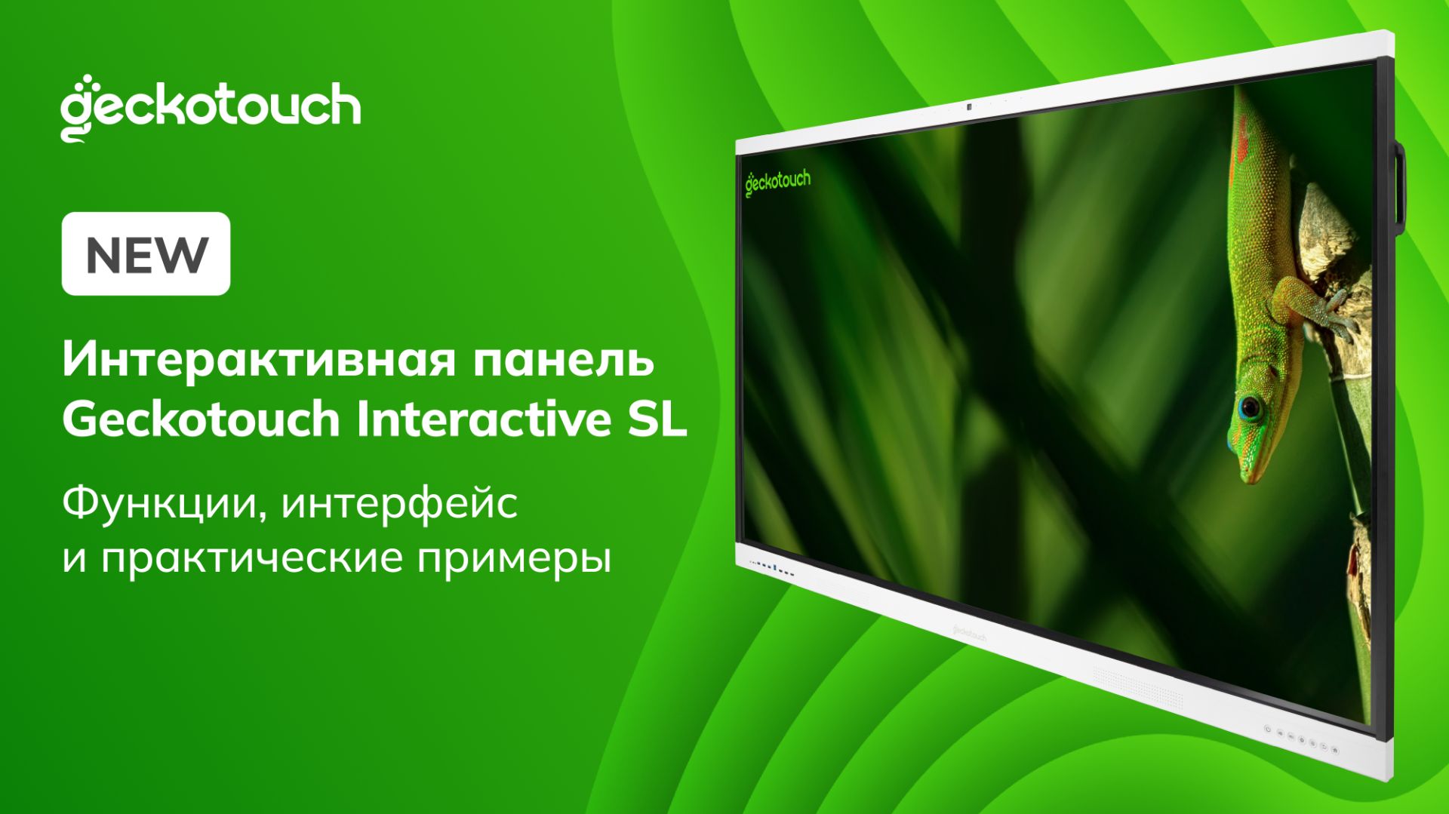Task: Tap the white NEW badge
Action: click(x=146, y=253)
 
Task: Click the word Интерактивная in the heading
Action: click(x=259, y=360)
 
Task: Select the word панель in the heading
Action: click(x=564, y=360)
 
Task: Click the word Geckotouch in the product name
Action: click(x=201, y=420)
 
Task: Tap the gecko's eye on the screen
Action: click(x=1250, y=408)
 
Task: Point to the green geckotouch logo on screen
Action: click(x=777, y=182)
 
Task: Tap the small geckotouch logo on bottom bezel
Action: click(x=966, y=632)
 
